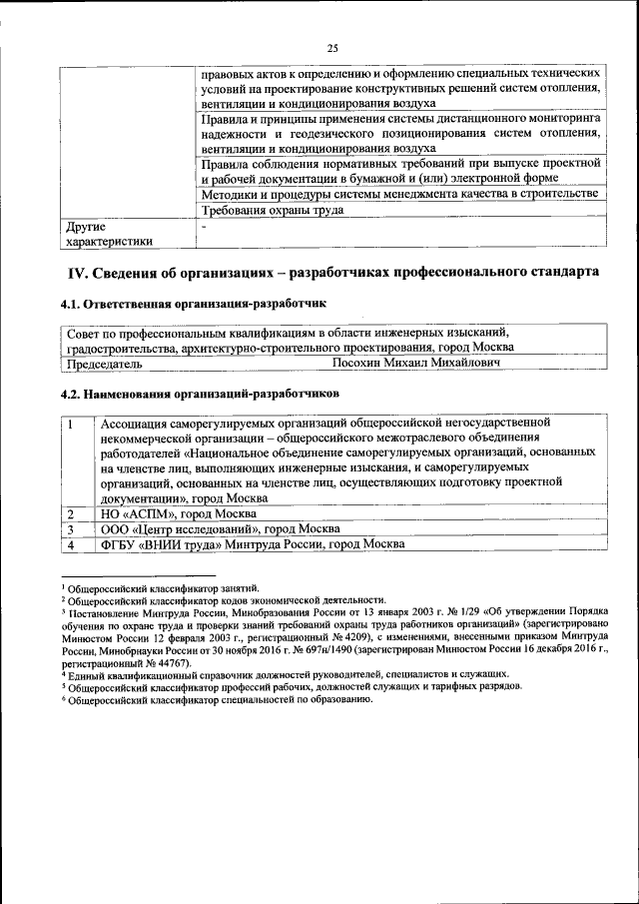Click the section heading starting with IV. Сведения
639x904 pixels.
[x=332, y=272]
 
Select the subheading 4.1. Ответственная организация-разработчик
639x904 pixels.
[x=193, y=303]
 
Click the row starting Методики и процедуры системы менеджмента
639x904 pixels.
[x=399, y=193]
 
